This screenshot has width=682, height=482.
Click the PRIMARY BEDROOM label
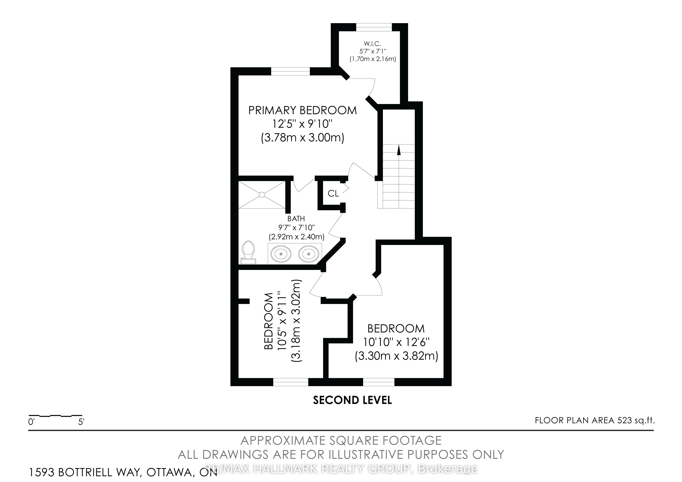[302, 111]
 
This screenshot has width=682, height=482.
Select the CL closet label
[333, 193]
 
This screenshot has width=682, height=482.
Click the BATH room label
[296, 219]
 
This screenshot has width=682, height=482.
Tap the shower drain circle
[262, 195]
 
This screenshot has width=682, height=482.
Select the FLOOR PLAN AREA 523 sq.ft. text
[595, 421]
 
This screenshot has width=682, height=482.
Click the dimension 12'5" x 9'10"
[302, 124]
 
